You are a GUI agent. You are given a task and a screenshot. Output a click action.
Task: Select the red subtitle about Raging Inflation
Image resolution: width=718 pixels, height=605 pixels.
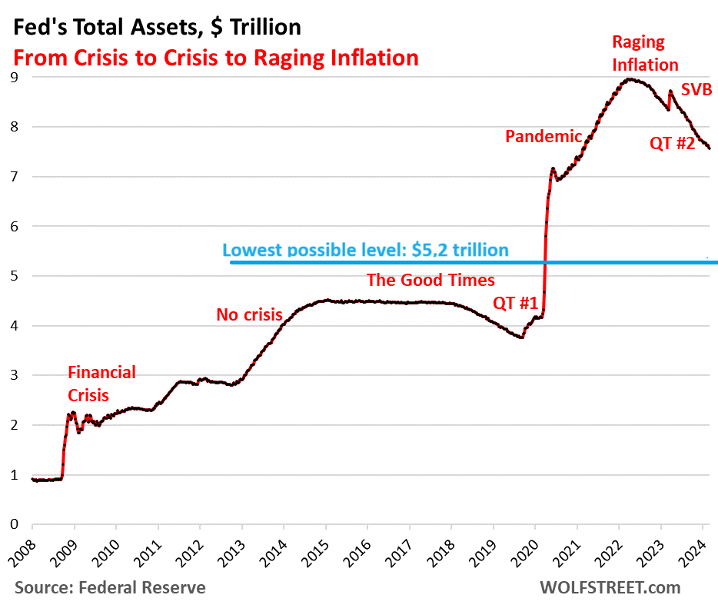pyautogui.click(x=214, y=58)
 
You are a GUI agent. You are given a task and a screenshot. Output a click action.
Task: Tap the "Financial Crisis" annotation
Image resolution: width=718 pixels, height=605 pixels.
pyautogui.click(x=101, y=384)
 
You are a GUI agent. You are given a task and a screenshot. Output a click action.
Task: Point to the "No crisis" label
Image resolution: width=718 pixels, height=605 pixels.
pyautogui.click(x=249, y=314)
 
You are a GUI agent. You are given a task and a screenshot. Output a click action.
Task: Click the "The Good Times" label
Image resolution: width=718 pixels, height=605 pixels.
pyautogui.click(x=430, y=280)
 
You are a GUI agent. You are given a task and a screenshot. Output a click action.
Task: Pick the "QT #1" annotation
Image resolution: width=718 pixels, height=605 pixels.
pyautogui.click(x=514, y=304)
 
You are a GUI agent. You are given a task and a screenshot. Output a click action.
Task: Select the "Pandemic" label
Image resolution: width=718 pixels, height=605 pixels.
pyautogui.click(x=543, y=137)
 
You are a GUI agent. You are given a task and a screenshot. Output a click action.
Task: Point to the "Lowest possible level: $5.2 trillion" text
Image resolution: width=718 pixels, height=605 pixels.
pyautogui.click(x=365, y=250)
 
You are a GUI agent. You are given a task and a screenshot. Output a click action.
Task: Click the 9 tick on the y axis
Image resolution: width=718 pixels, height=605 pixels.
pyautogui.click(x=14, y=77)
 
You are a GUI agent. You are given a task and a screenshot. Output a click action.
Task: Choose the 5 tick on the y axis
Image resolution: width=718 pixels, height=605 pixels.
pyautogui.click(x=14, y=276)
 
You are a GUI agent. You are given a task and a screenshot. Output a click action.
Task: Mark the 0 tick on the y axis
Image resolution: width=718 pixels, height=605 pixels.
pyautogui.click(x=14, y=524)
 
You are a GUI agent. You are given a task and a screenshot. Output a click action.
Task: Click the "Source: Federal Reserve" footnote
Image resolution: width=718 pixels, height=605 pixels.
pyautogui.click(x=110, y=588)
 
